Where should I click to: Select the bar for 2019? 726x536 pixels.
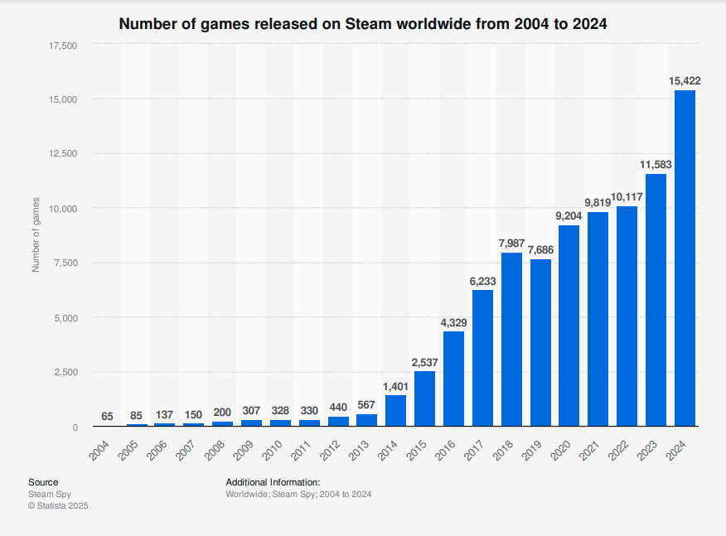click(x=540, y=343)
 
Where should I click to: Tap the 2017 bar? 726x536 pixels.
click(x=482, y=358)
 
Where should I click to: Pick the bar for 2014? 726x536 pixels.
click(x=396, y=411)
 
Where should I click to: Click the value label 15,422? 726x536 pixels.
click(x=685, y=80)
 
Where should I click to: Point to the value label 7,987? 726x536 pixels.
click(x=511, y=243)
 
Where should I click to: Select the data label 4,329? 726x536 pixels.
click(x=453, y=321)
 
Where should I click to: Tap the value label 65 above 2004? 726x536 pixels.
click(x=108, y=416)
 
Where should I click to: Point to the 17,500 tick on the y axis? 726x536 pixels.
click(x=63, y=45)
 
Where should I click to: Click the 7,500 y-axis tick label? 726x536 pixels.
click(x=65, y=263)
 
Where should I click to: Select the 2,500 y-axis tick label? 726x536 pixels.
click(x=65, y=372)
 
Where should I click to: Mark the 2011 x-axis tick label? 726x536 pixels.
click(x=303, y=452)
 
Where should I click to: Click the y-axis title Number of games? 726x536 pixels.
click(x=36, y=235)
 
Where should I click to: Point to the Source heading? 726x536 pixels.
click(x=43, y=482)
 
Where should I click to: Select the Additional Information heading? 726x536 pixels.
click(x=273, y=482)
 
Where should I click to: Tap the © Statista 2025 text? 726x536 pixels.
click(x=58, y=505)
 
